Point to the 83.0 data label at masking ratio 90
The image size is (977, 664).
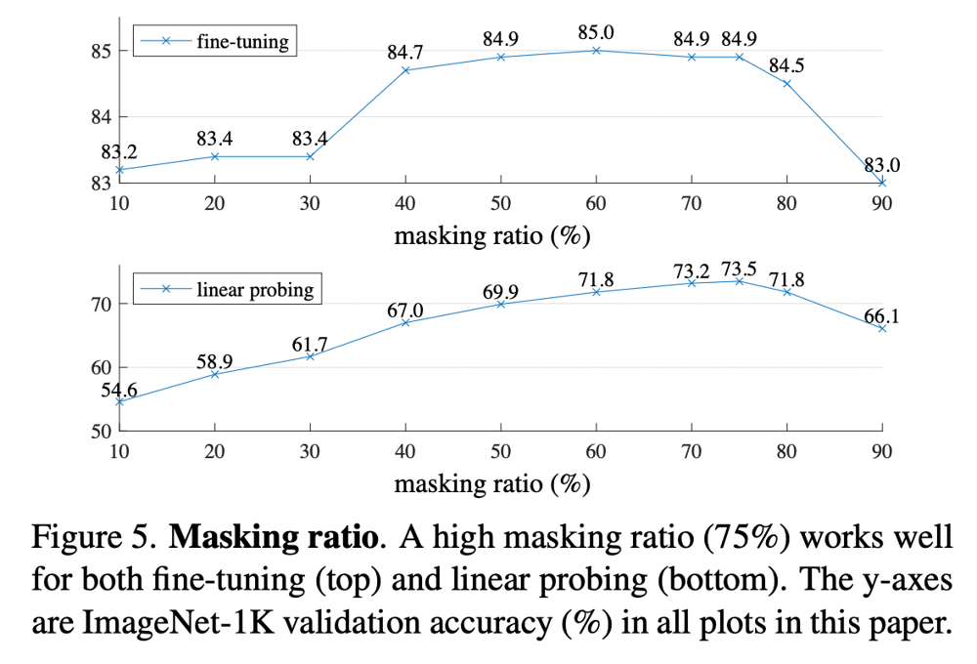coord(882,165)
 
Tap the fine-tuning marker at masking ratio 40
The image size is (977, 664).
coord(405,70)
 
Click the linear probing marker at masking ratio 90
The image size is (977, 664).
coord(882,328)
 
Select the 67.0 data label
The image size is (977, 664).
coord(405,310)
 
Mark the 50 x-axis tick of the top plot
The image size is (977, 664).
coord(500,204)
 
